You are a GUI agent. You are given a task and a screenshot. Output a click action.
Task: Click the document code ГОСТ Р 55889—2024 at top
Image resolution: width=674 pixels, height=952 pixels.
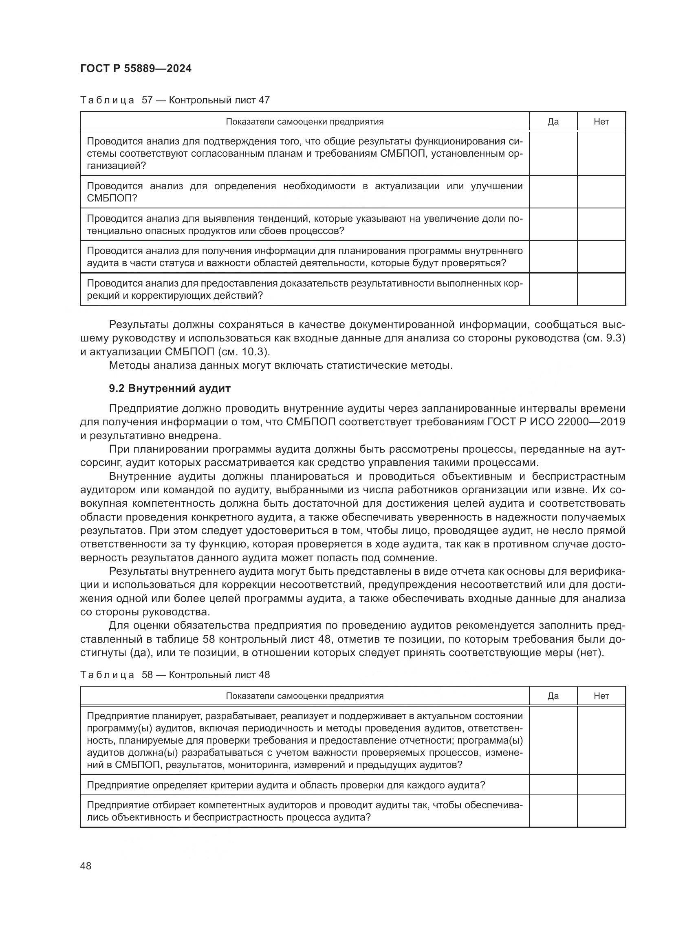[136, 69]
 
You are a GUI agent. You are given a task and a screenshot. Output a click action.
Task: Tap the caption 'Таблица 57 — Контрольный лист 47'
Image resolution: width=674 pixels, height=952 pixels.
[175, 101]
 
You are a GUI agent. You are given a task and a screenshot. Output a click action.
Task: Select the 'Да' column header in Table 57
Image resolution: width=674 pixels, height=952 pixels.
[553, 121]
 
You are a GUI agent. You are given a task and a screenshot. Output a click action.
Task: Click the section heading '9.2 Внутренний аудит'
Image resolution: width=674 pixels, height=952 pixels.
[170, 389]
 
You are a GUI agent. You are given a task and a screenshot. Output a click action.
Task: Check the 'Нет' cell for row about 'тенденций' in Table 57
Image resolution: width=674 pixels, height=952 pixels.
[601, 224]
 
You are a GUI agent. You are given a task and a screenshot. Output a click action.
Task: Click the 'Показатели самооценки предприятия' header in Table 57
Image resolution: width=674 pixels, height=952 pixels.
[304, 121]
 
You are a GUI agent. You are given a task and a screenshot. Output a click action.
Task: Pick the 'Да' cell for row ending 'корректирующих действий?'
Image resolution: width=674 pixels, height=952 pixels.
[553, 289]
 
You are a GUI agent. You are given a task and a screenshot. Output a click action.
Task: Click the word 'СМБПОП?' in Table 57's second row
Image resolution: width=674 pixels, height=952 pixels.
[112, 198]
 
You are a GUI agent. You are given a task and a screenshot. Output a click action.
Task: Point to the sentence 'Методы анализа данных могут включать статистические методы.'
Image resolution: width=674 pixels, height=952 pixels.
[280, 365]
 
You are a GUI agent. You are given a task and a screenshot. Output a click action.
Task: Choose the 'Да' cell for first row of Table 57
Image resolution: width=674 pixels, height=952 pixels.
[553, 153]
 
